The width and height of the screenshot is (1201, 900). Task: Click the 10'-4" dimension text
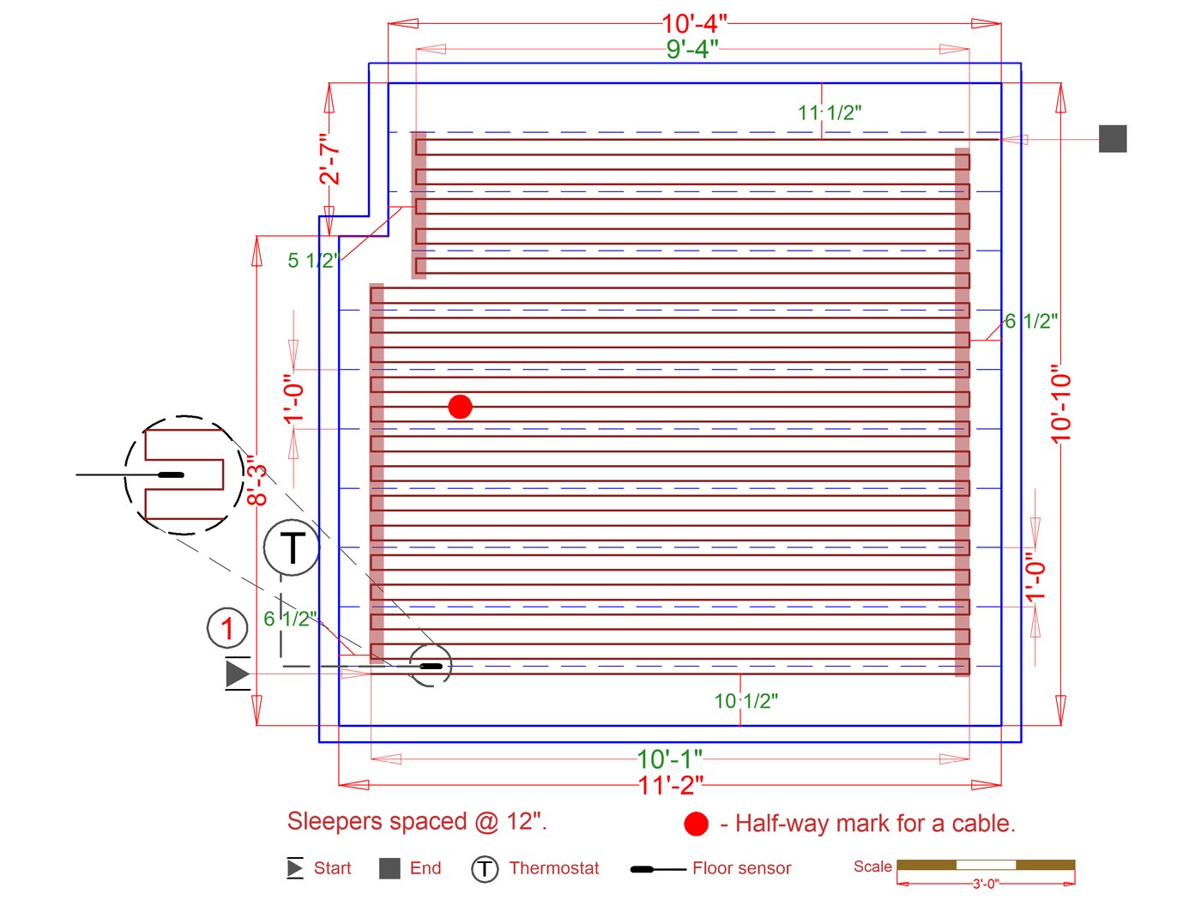694,24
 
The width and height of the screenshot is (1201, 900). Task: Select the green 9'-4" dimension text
692,49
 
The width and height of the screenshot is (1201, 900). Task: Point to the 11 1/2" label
830,112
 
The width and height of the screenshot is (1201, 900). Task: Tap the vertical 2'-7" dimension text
329,159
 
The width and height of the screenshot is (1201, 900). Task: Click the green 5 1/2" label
313,260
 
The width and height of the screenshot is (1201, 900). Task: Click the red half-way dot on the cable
461,407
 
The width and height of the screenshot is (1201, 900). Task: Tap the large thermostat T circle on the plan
292,547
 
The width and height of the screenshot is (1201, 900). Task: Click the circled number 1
227,628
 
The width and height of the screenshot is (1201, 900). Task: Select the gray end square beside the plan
1113,139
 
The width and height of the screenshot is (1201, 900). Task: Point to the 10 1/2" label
746,701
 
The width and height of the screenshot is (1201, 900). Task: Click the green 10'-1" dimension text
669,759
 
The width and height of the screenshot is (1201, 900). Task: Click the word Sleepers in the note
329,821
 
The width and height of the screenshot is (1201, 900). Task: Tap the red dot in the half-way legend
696,824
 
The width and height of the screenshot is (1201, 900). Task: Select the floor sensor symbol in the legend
657,869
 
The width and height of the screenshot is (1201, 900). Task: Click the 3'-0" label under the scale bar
986,884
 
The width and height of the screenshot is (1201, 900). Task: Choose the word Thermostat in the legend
554,868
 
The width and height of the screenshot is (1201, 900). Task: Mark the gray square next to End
389,868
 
